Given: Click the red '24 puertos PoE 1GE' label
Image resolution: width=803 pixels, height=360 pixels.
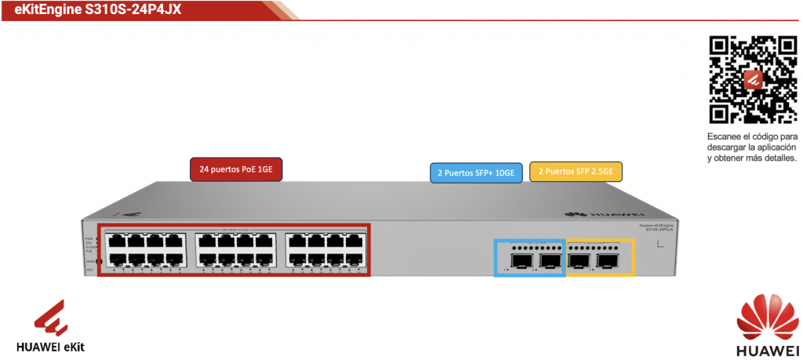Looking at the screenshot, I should (x=235, y=169).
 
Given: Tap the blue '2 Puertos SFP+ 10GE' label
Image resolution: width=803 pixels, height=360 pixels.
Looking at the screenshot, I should (x=476, y=173).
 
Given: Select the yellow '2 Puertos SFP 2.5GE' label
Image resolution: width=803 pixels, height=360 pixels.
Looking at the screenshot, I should (x=576, y=171).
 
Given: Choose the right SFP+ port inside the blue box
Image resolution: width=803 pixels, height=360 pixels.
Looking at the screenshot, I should (x=550, y=260).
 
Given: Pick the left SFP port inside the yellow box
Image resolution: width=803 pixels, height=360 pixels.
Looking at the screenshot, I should (x=580, y=260).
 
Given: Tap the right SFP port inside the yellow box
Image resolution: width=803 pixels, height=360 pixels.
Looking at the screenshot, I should (x=609, y=260).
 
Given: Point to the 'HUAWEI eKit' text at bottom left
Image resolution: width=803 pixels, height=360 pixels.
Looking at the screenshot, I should (x=51, y=346).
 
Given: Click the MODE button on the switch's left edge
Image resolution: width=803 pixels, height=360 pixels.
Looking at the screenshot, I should (x=97, y=261).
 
